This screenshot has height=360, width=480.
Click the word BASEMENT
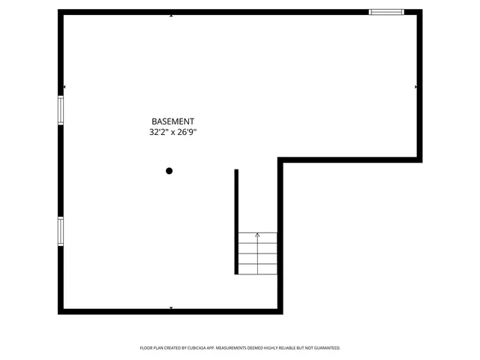coord(173,121)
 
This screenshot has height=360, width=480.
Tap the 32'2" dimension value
coord(159,132)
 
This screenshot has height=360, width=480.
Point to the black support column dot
coord(169,171)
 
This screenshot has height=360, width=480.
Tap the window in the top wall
coord(386,12)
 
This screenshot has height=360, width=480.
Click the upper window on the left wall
coord(61,109)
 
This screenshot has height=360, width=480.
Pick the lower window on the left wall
coord(61,230)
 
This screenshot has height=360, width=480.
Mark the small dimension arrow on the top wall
coord(172,16)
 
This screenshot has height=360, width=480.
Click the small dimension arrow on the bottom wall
coord(172,307)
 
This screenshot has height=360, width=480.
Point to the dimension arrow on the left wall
coord(65,87)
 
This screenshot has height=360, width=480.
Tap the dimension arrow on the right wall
coord(415,87)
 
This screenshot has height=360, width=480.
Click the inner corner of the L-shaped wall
coord(280,160)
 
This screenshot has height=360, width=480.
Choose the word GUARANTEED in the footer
coord(324,348)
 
